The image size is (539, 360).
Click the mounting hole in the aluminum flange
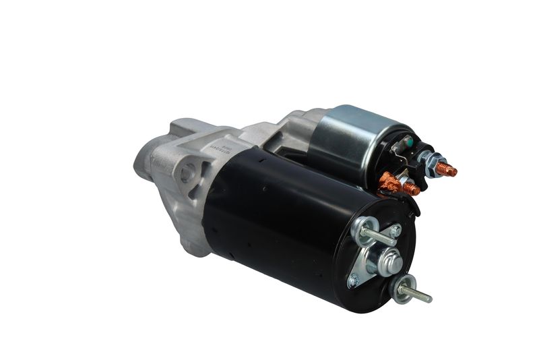186,173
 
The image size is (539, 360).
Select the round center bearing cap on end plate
390,260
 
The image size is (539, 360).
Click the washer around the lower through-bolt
402,289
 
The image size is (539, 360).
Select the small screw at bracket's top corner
396,231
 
